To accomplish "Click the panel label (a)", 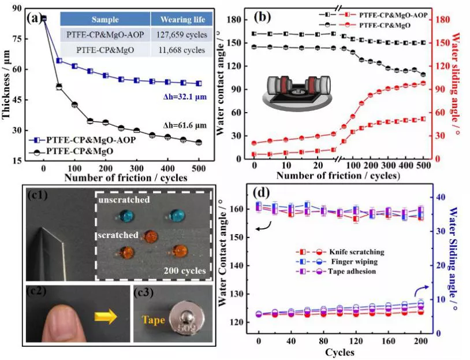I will [x=35, y=17].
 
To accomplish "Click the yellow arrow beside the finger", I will [x=107, y=317].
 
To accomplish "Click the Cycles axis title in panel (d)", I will [x=340, y=352].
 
